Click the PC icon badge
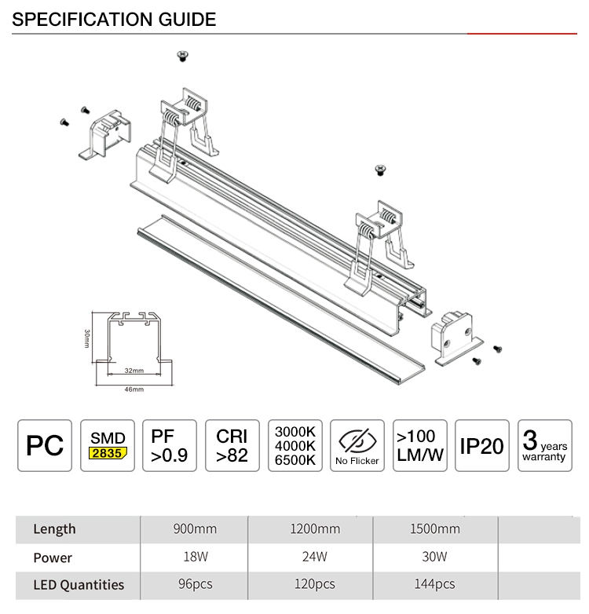(x=45, y=446)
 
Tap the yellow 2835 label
(x=108, y=453)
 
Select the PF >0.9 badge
(x=170, y=446)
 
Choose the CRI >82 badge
(x=232, y=446)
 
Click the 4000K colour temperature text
(x=294, y=446)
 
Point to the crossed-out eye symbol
(x=357, y=440)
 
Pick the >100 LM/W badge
(x=420, y=446)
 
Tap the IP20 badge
(x=482, y=446)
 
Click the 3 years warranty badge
(x=545, y=446)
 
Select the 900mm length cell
(x=195, y=529)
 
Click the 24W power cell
(x=314, y=557)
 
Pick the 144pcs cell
(x=435, y=584)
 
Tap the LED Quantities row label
(x=79, y=585)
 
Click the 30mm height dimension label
(x=87, y=338)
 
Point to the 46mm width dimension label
(x=134, y=389)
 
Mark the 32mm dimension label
(x=134, y=371)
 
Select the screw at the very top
(x=182, y=56)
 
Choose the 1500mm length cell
(x=435, y=529)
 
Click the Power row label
(x=53, y=557)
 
